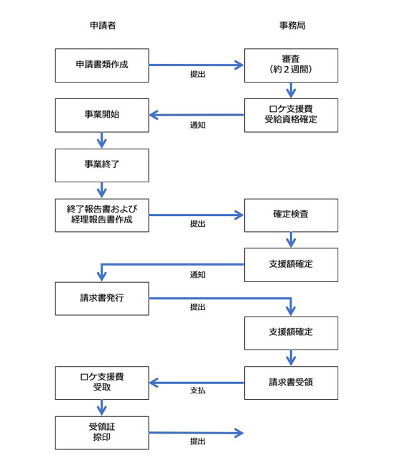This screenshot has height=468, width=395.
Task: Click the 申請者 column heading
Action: click(103, 25)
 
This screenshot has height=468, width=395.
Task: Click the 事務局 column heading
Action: click(292, 25)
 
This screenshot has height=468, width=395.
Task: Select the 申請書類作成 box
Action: click(102, 65)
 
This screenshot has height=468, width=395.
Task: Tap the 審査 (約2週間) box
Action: click(291, 65)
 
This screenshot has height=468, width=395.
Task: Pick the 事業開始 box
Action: click(102, 116)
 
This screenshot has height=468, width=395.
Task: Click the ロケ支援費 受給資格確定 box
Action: click(291, 116)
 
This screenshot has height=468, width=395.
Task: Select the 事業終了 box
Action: click(102, 165)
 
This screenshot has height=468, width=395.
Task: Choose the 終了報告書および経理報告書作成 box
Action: click(102, 215)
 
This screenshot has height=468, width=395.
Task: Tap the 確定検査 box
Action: click(291, 215)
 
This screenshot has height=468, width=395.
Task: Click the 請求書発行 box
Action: click(102, 299)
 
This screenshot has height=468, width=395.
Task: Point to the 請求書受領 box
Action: click(291, 383)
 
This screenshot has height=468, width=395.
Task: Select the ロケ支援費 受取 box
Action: click(102, 383)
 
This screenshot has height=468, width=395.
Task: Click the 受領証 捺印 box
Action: click(102, 433)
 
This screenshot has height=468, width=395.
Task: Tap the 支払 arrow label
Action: click(197, 390)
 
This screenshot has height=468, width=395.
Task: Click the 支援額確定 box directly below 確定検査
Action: click(291, 265)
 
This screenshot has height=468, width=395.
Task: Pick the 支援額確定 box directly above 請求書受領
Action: click(291, 333)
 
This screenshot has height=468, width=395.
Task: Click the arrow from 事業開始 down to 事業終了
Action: click(102, 140)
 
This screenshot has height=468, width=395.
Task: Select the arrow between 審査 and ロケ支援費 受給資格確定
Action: click(291, 90)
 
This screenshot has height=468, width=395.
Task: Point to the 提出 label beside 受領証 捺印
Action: click(197, 441)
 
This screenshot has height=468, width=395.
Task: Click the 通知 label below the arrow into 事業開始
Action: click(197, 125)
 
